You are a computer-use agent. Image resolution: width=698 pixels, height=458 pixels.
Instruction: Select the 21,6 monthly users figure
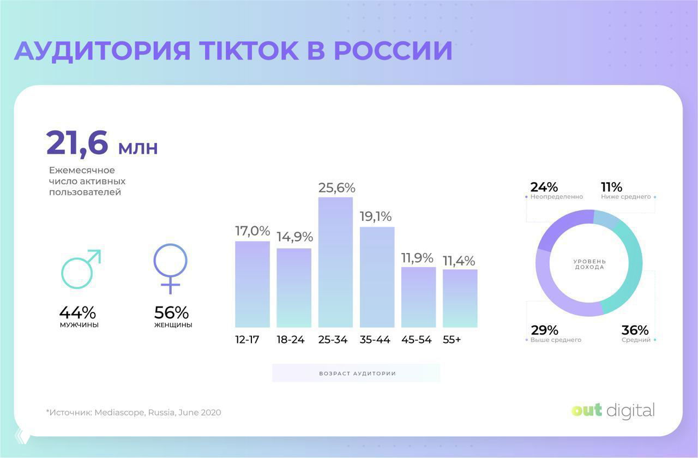(x=78, y=143)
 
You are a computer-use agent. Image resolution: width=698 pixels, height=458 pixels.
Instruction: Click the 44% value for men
(x=77, y=313)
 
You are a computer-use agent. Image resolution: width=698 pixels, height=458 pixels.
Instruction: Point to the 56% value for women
(x=171, y=313)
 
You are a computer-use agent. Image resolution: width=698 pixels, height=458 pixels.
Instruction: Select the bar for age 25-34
(x=335, y=262)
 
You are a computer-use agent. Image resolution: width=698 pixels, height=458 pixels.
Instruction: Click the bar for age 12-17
(x=252, y=284)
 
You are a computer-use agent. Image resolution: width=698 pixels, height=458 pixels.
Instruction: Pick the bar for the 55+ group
(x=460, y=298)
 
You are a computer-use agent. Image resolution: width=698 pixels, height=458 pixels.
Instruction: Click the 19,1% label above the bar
(x=376, y=216)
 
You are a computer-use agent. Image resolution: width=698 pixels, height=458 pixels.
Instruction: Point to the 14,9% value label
(x=294, y=237)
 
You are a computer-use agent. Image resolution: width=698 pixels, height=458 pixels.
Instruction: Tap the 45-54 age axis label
(x=417, y=340)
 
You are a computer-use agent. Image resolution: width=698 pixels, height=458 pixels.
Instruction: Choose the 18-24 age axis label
(x=291, y=340)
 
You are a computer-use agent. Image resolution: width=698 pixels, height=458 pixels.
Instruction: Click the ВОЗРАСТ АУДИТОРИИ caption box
(x=356, y=373)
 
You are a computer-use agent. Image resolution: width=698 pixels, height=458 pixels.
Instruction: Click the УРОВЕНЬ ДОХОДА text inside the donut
(x=589, y=264)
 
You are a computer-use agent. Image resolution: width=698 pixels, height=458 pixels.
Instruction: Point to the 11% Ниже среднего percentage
(x=611, y=187)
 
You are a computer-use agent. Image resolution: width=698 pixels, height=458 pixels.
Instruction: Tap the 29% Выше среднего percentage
(x=544, y=330)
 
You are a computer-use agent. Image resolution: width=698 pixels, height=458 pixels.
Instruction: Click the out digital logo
(x=613, y=411)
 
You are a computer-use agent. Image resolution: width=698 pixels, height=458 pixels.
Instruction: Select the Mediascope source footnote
(x=134, y=413)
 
